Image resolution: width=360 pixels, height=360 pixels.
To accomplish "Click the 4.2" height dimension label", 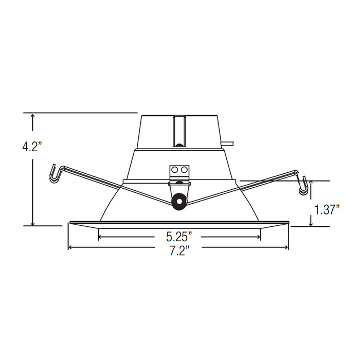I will [31, 147].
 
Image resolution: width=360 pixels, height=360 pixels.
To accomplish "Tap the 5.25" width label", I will [179, 237].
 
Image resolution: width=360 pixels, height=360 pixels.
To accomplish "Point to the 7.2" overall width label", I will [179, 250].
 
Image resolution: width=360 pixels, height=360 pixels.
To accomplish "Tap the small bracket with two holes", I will [179, 173].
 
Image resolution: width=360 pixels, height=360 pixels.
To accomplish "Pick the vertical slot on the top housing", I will [179, 131].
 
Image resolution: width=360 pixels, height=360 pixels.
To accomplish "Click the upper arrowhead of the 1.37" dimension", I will [311, 184].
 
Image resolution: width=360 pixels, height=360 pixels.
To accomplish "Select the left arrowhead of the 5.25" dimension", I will [100, 237].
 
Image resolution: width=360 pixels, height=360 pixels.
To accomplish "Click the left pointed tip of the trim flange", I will [68, 223].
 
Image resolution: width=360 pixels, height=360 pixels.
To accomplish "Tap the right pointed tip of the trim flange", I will [290, 223].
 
